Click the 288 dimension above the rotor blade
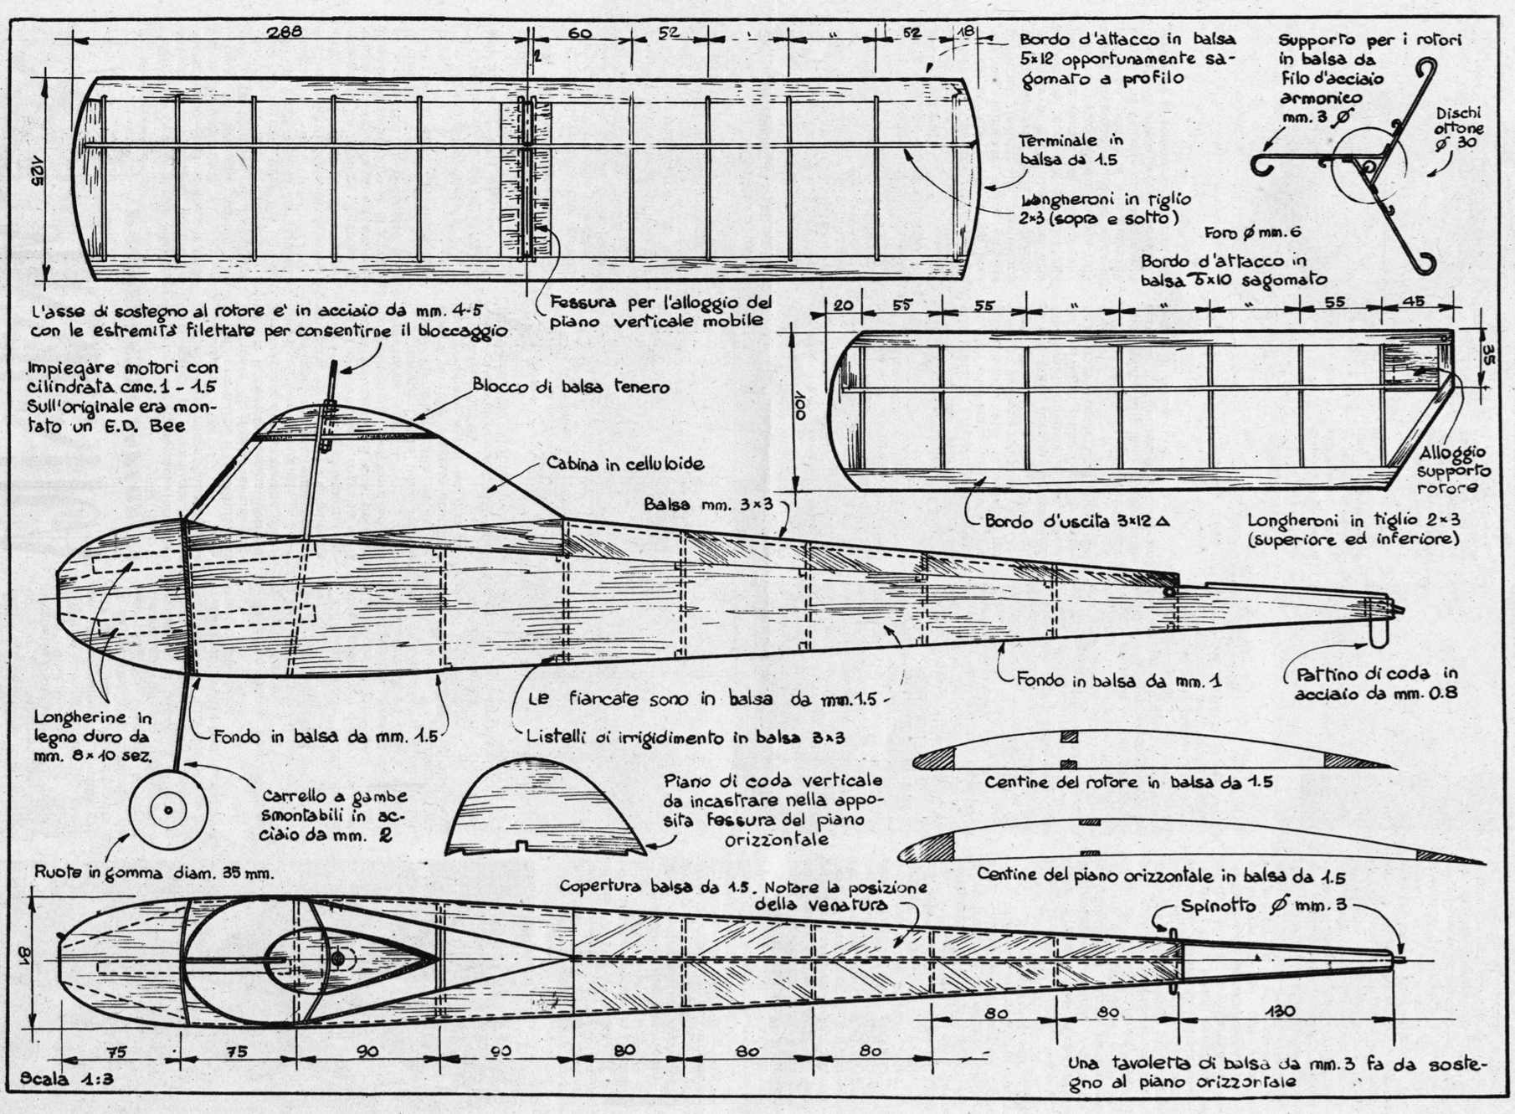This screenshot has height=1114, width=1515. [x=285, y=33]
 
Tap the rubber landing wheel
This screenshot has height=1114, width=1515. [x=168, y=809]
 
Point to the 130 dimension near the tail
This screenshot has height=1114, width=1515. [x=1281, y=1011]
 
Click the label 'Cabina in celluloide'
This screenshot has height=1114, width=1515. [x=625, y=463]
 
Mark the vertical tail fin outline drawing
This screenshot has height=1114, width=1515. [x=544, y=808]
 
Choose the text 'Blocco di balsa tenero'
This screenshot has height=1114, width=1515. [x=571, y=386]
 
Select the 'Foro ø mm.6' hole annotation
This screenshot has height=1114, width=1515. [x=1253, y=233]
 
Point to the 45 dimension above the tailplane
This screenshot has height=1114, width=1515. [x=1412, y=302]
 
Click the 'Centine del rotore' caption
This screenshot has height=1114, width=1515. [x=1128, y=783]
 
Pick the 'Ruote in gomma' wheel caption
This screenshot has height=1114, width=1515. [x=154, y=872]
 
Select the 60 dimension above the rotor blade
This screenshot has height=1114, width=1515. [x=579, y=33]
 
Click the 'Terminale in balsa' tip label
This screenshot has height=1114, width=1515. [x=1071, y=150]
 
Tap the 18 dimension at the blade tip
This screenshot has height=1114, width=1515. [x=966, y=31]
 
